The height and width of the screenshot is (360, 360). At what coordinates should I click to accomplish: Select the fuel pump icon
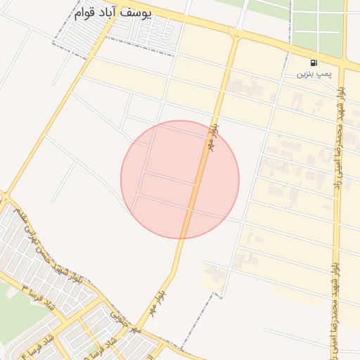[313, 62]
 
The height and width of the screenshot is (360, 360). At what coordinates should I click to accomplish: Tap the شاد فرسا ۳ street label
[39, 299]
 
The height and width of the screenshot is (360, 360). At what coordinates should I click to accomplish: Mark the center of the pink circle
[180, 179]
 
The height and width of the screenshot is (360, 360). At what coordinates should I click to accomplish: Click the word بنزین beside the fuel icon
[304, 73]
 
